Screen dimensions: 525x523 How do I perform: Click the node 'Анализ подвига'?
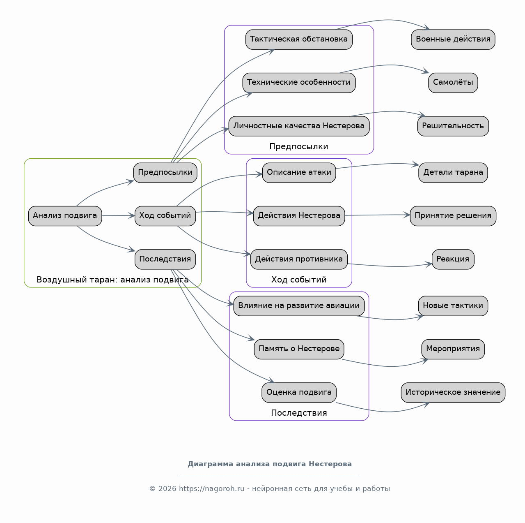[65, 216]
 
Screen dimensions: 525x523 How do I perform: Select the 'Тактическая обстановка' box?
[299, 39]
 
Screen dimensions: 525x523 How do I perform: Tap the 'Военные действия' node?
[453, 39]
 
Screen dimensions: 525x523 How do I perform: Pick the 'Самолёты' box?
[453, 83]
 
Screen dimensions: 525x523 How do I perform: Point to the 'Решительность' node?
[453, 126]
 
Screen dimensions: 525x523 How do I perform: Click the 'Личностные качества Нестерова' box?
[299, 126]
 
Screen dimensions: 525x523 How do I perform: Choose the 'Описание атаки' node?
[299, 173]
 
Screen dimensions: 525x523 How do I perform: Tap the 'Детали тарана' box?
[453, 173]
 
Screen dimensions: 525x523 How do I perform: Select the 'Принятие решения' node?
[453, 216]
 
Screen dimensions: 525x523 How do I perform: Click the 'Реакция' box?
[453, 259]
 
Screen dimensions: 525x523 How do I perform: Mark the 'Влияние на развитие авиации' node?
[299, 306]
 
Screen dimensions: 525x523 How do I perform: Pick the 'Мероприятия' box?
[453, 349]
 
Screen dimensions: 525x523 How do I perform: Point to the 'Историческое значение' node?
[453, 393]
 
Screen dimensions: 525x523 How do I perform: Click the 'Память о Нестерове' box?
[299, 349]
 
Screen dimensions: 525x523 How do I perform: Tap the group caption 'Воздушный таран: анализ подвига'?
[112, 280]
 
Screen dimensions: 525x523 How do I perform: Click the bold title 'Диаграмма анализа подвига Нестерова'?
[270, 464]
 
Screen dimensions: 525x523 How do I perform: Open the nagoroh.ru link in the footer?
[211, 488]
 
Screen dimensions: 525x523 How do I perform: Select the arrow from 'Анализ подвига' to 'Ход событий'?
[119, 215]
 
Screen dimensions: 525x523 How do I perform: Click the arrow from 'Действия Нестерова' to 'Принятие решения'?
[377, 215]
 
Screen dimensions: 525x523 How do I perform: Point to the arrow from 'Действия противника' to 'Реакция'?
[390, 266]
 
